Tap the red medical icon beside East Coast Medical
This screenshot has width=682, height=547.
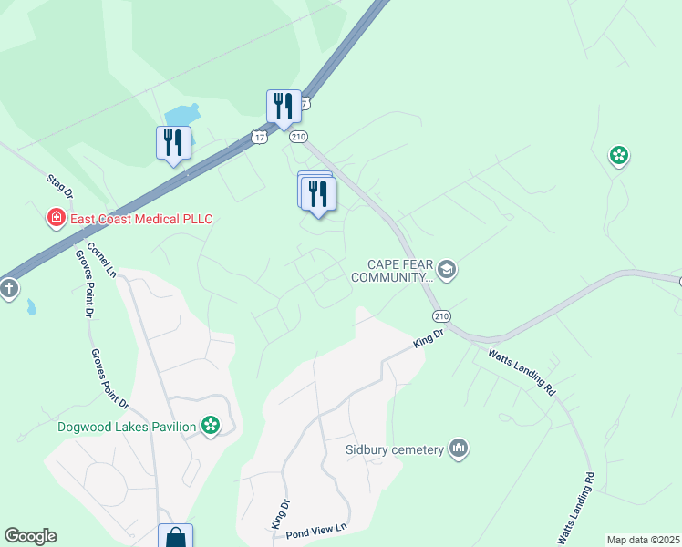(57, 218)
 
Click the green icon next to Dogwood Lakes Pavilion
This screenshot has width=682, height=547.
(212, 426)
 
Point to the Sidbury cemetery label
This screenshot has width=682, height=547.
(394, 449)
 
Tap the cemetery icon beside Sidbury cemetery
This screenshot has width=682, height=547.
(459, 449)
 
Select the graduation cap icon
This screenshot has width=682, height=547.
(447, 270)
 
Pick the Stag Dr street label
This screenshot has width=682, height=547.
(59, 185)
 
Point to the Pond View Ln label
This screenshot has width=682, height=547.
(317, 529)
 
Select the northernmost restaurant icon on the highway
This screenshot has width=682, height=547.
(284, 107)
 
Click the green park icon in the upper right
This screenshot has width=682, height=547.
(619, 156)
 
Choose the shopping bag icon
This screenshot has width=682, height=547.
(174, 536)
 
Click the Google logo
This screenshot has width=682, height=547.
(30, 536)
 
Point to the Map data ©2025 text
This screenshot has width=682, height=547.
(643, 540)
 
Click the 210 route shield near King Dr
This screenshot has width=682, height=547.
(442, 316)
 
